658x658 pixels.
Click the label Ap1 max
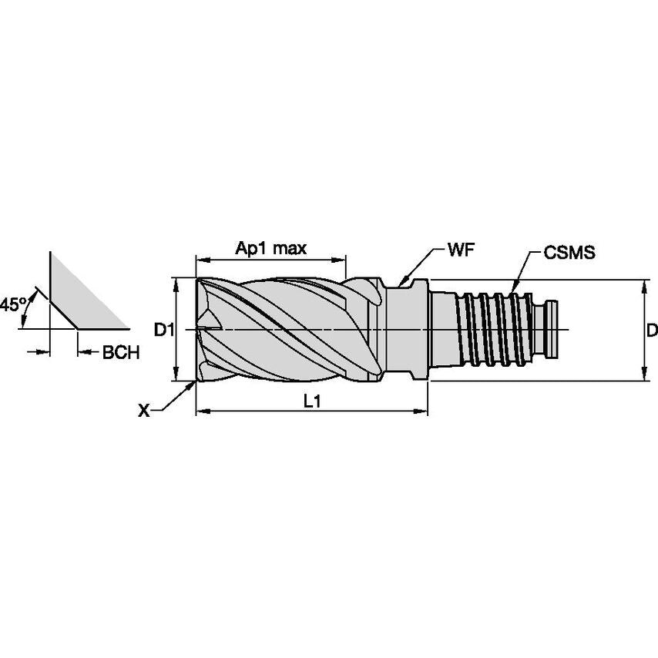[x=271, y=248]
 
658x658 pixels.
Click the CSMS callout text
[x=569, y=252]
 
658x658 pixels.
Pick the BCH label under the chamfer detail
[x=121, y=353]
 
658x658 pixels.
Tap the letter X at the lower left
[x=143, y=411]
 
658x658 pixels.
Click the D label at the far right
[x=652, y=331]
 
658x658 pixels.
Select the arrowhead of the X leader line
[x=191, y=384]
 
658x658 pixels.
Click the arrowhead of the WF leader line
[x=401, y=283]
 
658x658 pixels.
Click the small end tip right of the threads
[x=556, y=331]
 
